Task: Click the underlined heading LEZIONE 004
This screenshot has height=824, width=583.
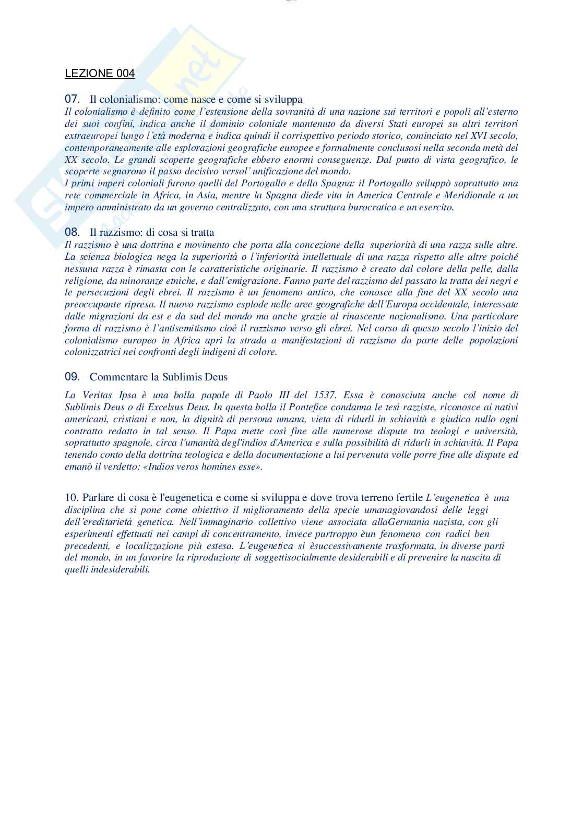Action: tap(100, 74)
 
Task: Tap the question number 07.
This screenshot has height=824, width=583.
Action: tap(72, 99)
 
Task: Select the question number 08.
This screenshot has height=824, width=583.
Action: tap(72, 232)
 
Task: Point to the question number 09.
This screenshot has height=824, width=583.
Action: tap(72, 376)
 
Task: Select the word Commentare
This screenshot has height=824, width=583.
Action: tap(116, 376)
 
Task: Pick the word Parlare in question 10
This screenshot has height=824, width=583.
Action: tap(98, 497)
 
